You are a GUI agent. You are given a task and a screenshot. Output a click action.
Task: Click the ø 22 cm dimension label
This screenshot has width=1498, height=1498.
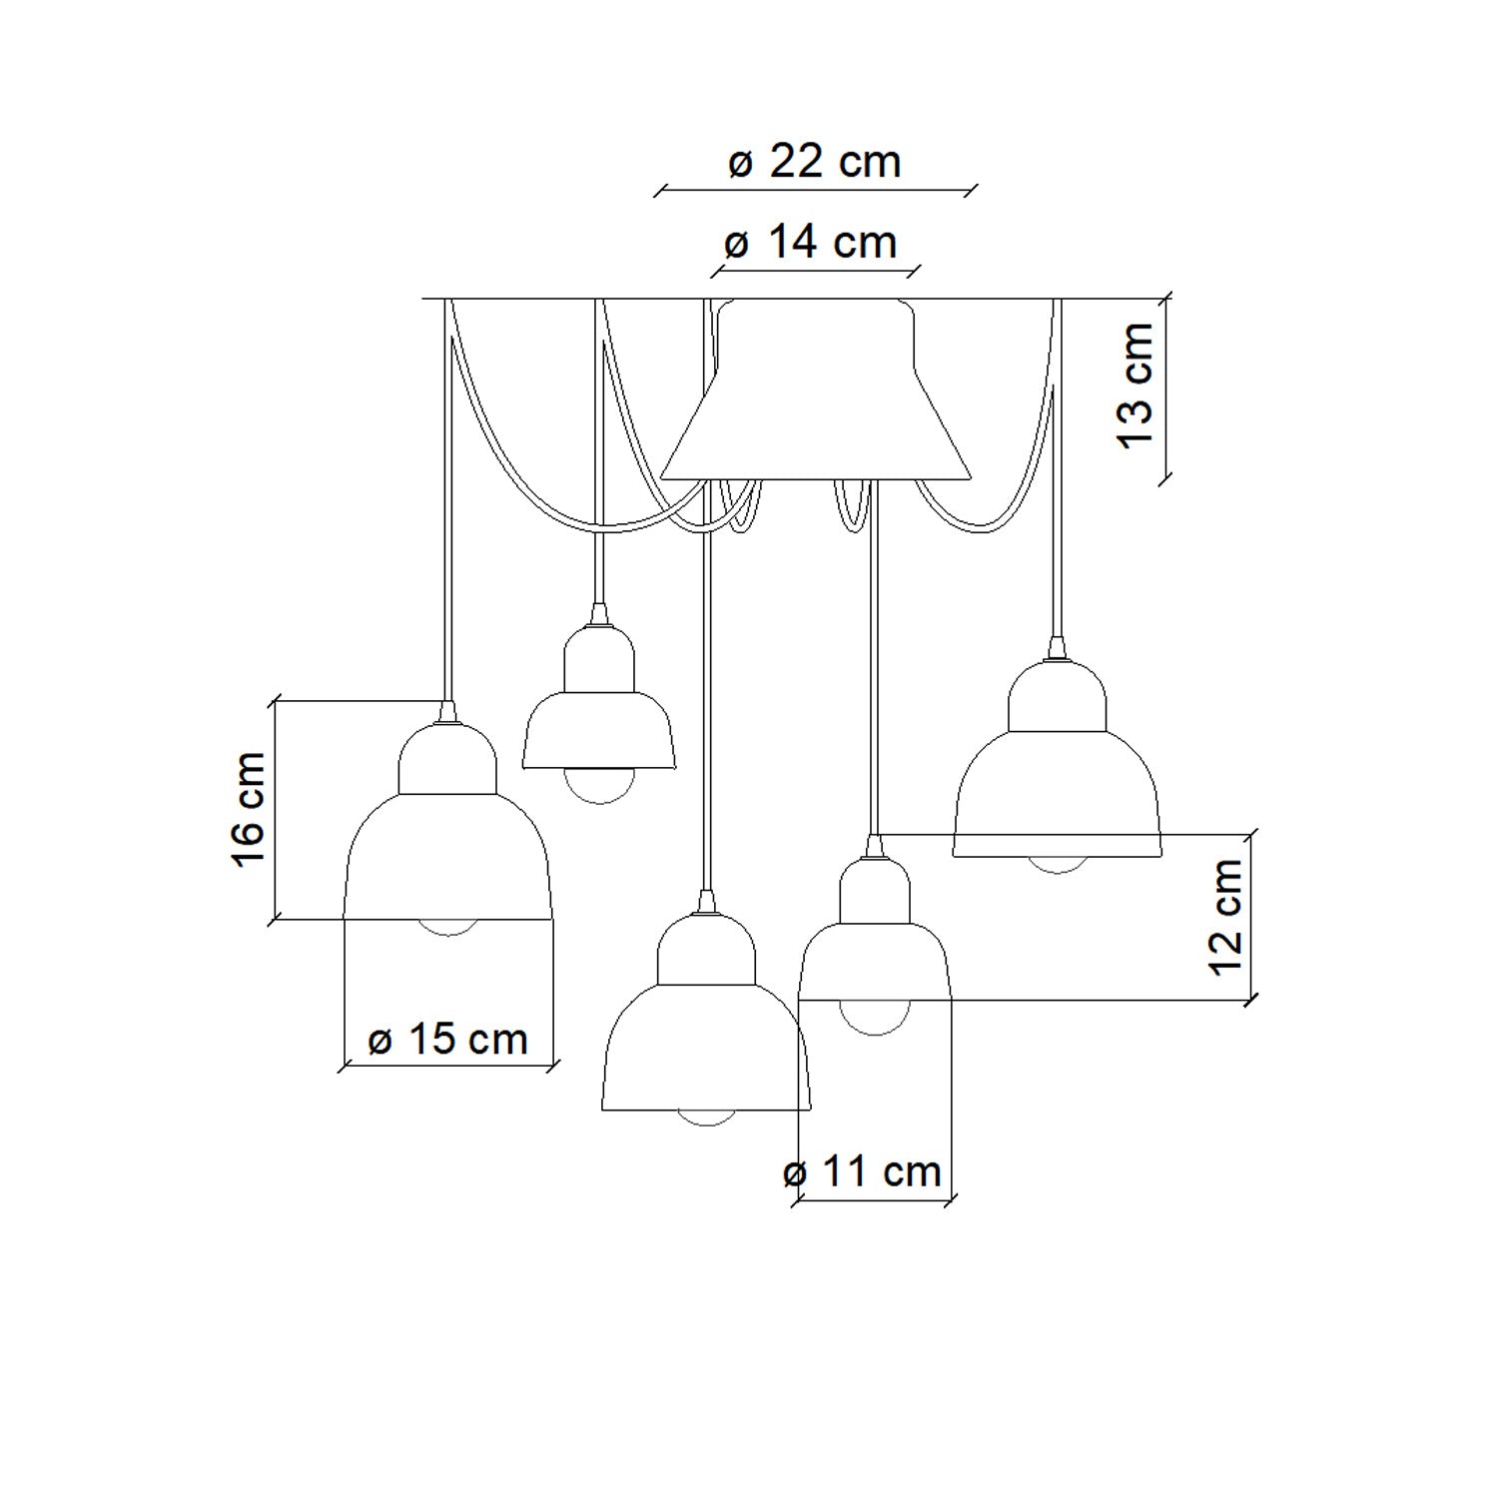coord(814,162)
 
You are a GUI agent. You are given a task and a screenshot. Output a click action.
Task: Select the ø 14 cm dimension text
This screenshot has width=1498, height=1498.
coord(810,243)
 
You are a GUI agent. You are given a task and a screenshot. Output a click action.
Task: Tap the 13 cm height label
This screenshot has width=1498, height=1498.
coord(1136,385)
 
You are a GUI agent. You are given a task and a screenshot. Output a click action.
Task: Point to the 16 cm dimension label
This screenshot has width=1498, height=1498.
coord(248,810)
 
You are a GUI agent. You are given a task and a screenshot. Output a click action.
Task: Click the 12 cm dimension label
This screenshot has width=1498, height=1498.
coord(1225,917)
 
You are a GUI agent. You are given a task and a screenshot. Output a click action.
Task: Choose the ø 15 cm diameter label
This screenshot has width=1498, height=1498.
coord(447,1040)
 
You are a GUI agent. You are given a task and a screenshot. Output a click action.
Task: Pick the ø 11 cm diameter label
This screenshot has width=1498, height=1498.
coord(863,1171)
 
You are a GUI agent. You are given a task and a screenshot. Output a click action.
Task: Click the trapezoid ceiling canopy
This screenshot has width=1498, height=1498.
coord(816,389)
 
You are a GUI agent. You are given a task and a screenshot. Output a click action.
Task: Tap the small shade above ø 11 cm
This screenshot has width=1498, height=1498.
coord(875,929)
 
